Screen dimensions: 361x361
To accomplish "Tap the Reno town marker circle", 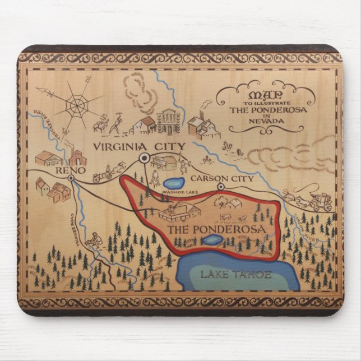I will point(71,178).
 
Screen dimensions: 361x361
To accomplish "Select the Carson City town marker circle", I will point(221,186).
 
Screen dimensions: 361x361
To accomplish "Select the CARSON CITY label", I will point(222,178).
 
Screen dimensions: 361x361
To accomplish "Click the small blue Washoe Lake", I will point(172,183).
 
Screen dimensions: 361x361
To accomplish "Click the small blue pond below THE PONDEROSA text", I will point(212,240).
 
